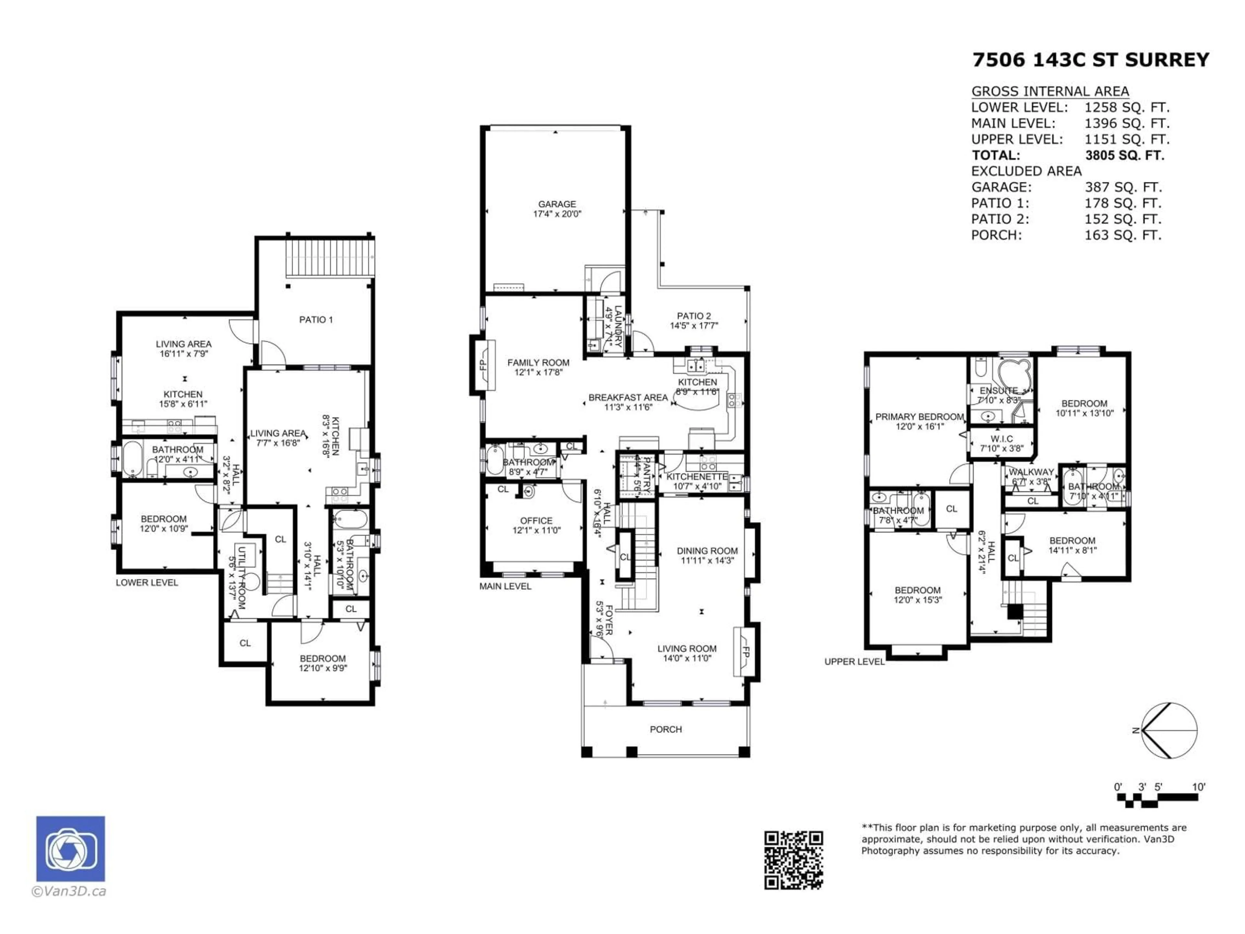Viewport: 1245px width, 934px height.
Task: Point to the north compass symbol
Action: click(x=1168, y=731)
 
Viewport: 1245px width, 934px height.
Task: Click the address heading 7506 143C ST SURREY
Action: click(x=1090, y=60)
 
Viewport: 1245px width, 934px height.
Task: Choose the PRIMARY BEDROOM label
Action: click(x=919, y=417)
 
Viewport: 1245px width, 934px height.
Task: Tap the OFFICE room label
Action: click(x=536, y=521)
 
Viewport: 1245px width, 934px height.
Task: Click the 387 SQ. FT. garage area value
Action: click(x=1122, y=187)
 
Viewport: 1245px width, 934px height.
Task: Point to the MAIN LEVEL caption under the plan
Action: click(x=505, y=586)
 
